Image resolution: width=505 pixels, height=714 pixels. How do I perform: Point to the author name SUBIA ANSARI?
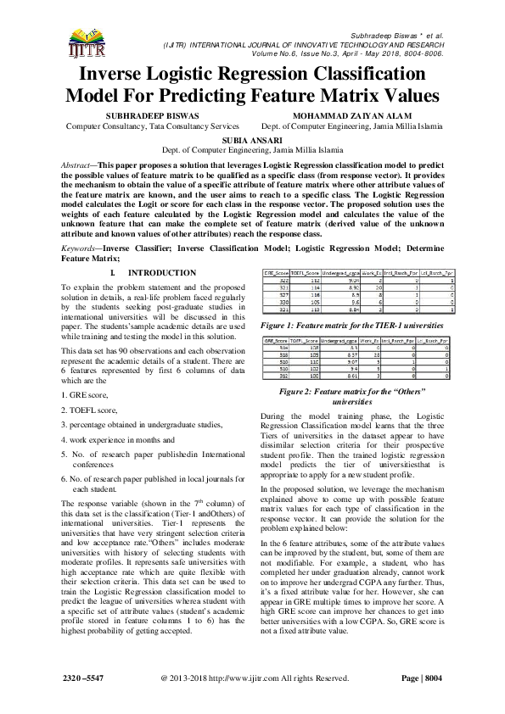tap(252, 137)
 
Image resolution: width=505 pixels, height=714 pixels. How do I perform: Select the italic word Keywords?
tap(82, 248)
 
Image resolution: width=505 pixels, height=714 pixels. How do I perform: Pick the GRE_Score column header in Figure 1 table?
tap(274, 275)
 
